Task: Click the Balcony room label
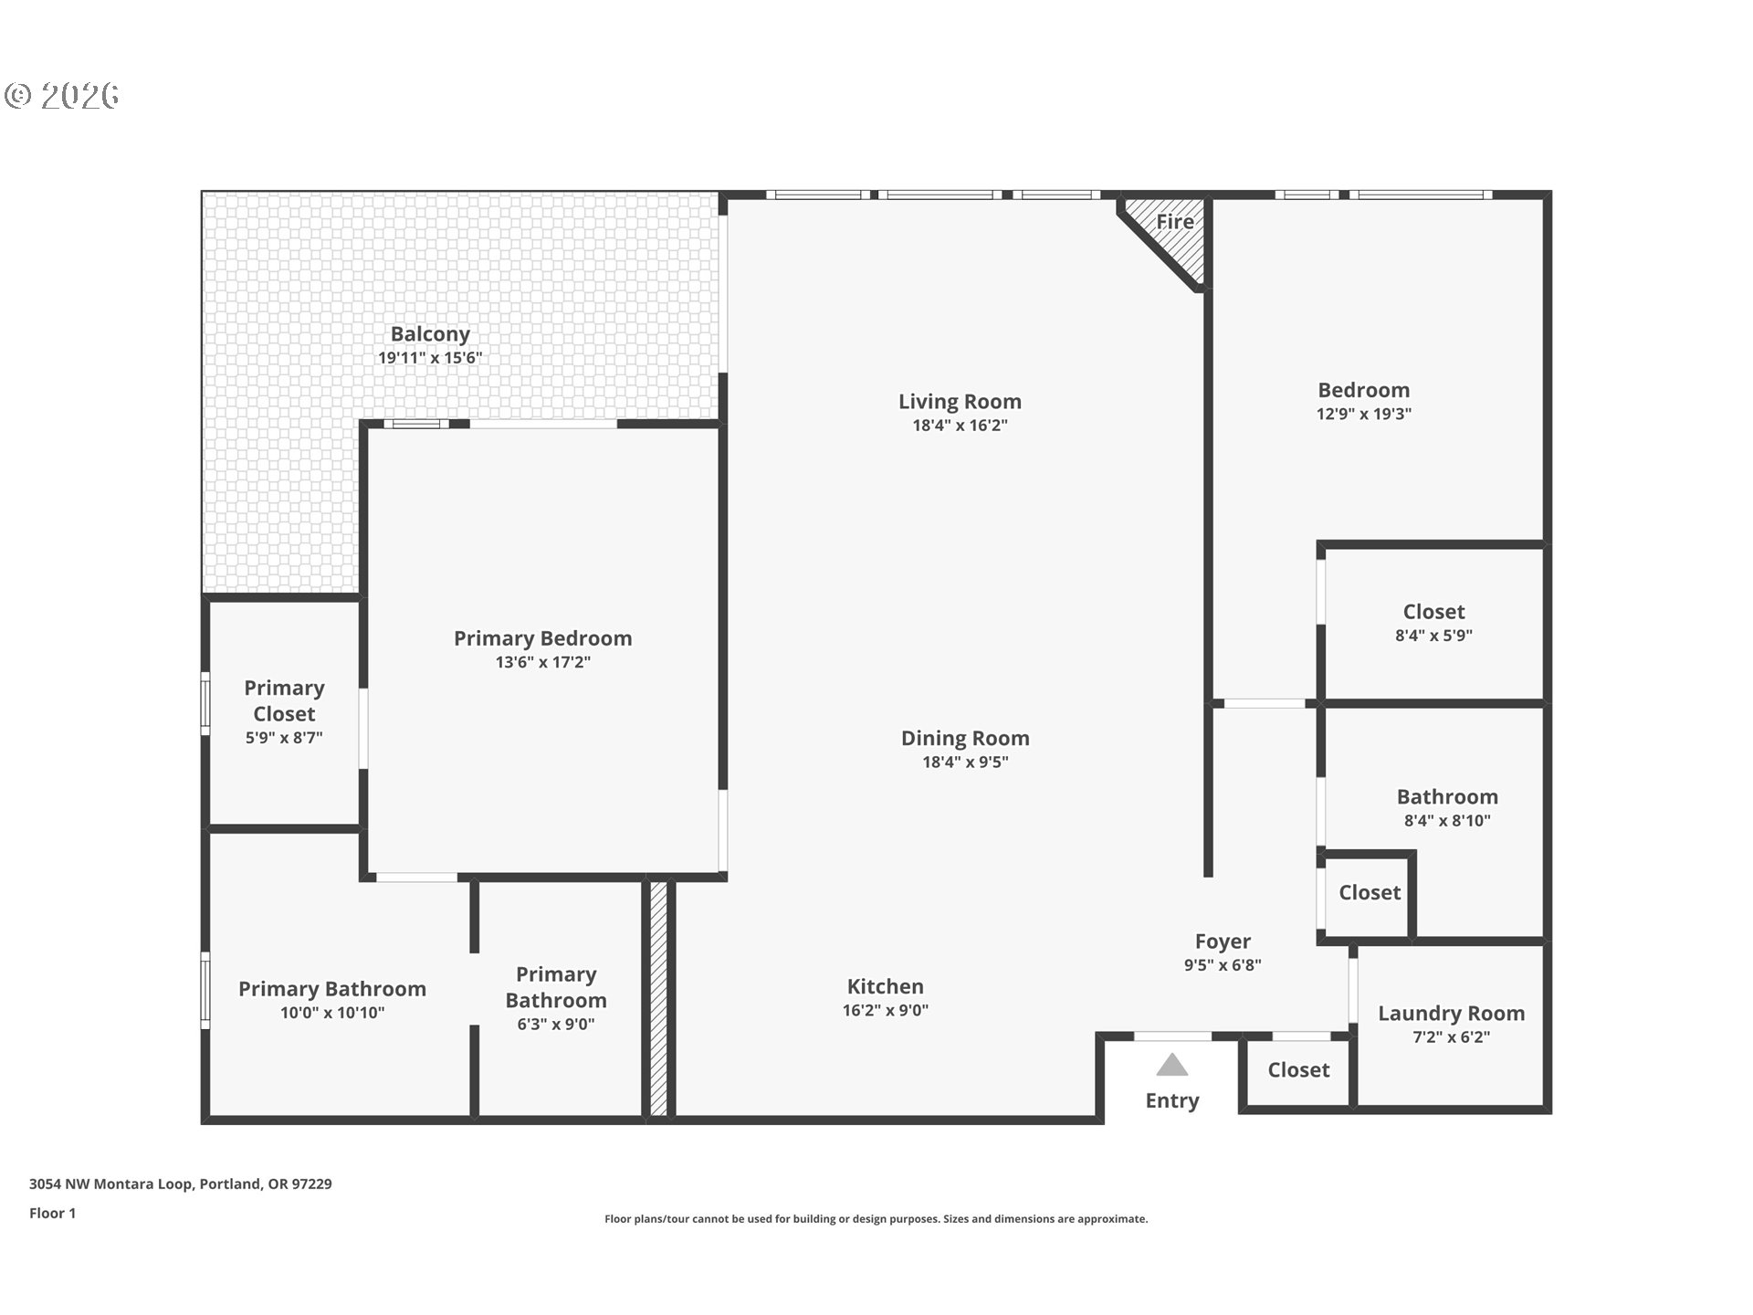(430, 334)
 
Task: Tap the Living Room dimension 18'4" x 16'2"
(960, 426)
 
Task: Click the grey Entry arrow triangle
(1171, 1066)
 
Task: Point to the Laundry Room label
(1451, 1013)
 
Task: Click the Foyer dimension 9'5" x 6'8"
(1223, 965)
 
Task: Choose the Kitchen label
(885, 986)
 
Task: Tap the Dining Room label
(965, 738)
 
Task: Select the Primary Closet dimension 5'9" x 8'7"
(284, 738)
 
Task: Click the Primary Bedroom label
(542, 638)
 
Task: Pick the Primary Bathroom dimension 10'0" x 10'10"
(332, 1013)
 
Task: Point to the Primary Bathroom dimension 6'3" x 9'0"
(555, 1025)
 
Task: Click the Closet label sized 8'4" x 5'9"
(1433, 612)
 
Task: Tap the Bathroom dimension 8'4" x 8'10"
(1447, 821)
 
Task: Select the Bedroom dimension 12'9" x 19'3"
(1363, 414)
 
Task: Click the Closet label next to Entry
(1297, 1069)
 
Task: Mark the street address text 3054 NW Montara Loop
(180, 1183)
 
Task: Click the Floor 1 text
(52, 1213)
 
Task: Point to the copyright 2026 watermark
(62, 95)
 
